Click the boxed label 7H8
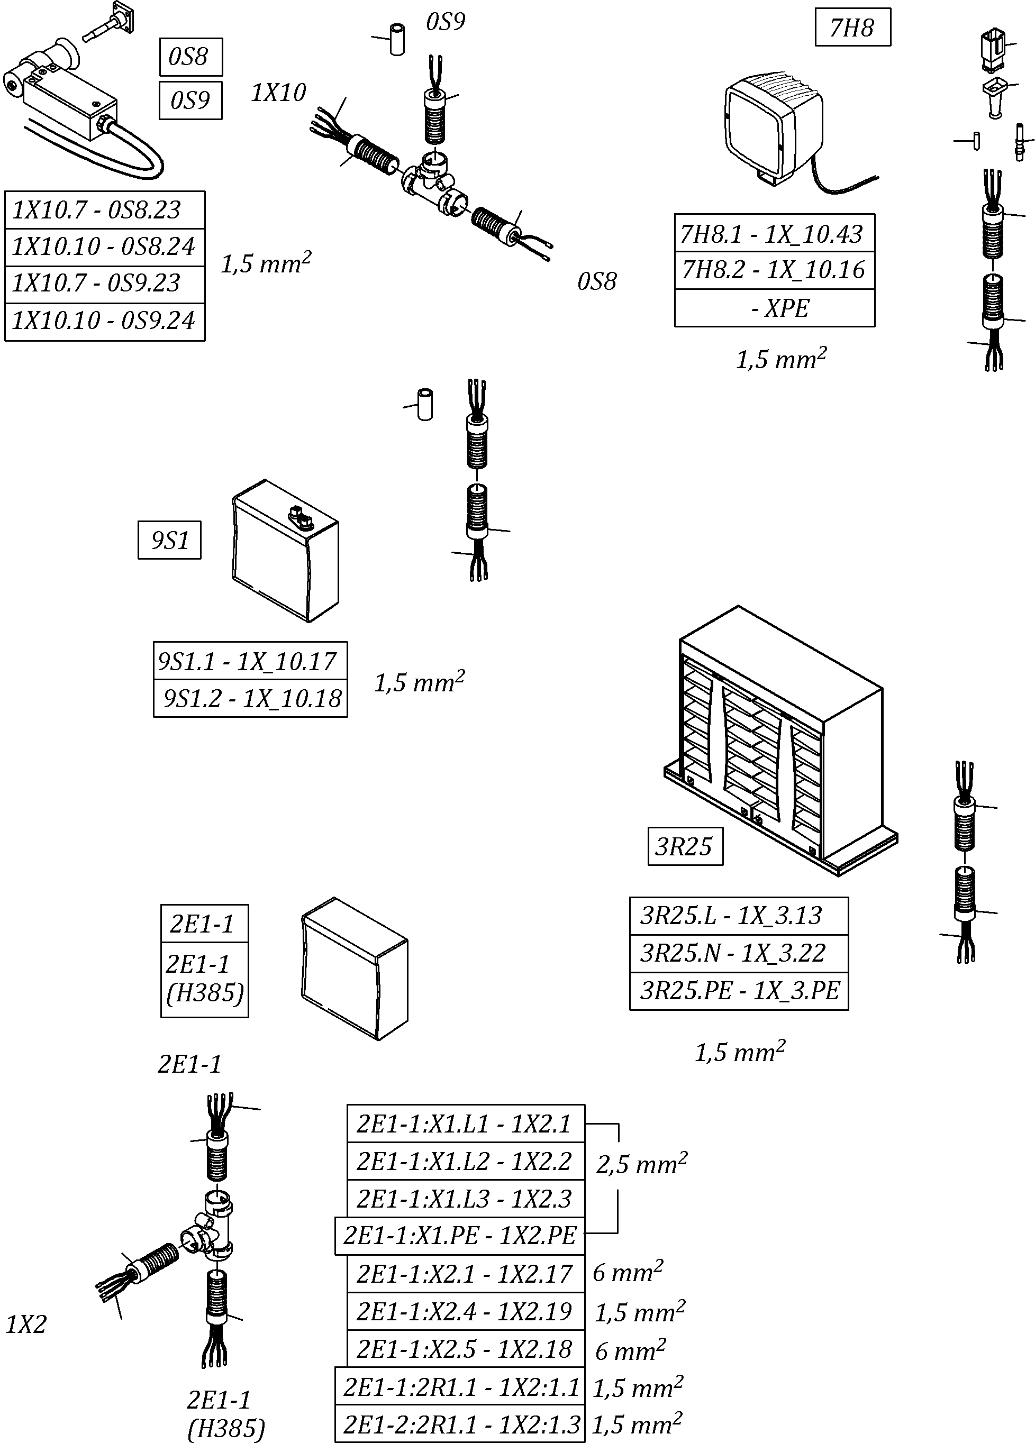pyautogui.click(x=852, y=28)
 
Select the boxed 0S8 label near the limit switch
pyautogui.click(x=190, y=57)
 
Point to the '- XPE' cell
pyautogui.click(x=774, y=308)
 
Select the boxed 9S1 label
pyautogui.click(x=169, y=540)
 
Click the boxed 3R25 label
pyautogui.click(x=685, y=846)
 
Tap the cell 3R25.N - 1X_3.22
pyautogui.click(x=738, y=953)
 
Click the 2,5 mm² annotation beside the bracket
pyautogui.click(x=641, y=1164)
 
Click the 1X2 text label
pyautogui.click(x=26, y=1325)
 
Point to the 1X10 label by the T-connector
pyautogui.click(x=278, y=93)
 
